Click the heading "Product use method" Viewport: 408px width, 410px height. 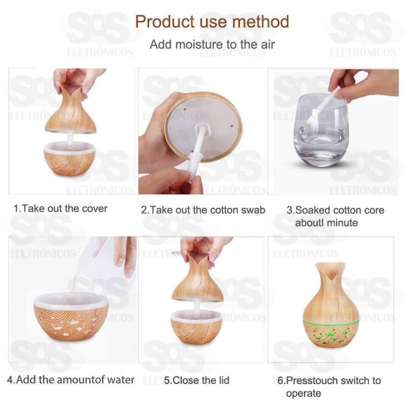point(212,21)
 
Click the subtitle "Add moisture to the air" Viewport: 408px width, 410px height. point(212,44)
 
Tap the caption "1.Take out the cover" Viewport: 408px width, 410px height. point(60,209)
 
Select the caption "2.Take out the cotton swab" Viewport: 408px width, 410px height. point(203,210)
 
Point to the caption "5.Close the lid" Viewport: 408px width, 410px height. point(196,380)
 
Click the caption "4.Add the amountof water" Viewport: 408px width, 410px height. point(70,380)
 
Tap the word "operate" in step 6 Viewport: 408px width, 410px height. point(303,393)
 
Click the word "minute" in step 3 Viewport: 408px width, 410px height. point(342,223)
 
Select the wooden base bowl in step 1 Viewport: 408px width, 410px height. point(70,159)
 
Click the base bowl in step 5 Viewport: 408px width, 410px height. point(196,327)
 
